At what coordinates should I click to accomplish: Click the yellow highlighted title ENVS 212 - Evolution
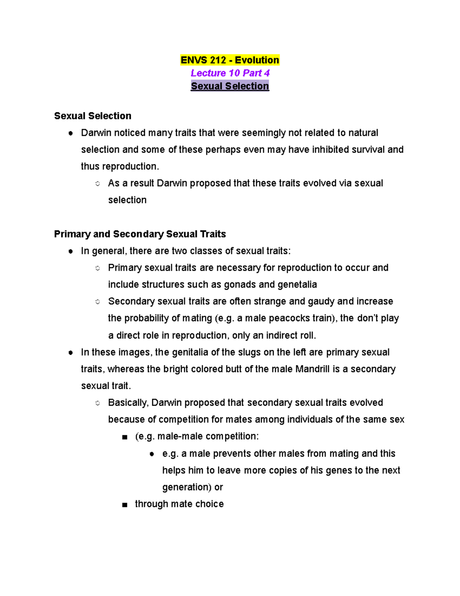click(x=230, y=60)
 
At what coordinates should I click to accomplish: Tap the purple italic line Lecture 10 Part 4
click(x=230, y=73)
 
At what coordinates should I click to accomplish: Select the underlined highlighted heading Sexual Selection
click(x=230, y=86)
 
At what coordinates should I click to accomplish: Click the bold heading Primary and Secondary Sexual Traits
click(x=140, y=234)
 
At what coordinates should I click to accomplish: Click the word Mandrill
click(x=312, y=369)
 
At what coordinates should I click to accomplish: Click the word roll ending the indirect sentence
click(x=307, y=335)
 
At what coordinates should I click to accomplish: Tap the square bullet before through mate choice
click(x=124, y=505)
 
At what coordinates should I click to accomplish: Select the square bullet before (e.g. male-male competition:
click(x=124, y=437)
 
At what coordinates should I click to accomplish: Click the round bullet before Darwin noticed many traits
click(x=71, y=133)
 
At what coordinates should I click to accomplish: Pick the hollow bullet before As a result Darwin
click(x=98, y=184)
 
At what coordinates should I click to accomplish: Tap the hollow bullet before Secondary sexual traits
click(x=98, y=302)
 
